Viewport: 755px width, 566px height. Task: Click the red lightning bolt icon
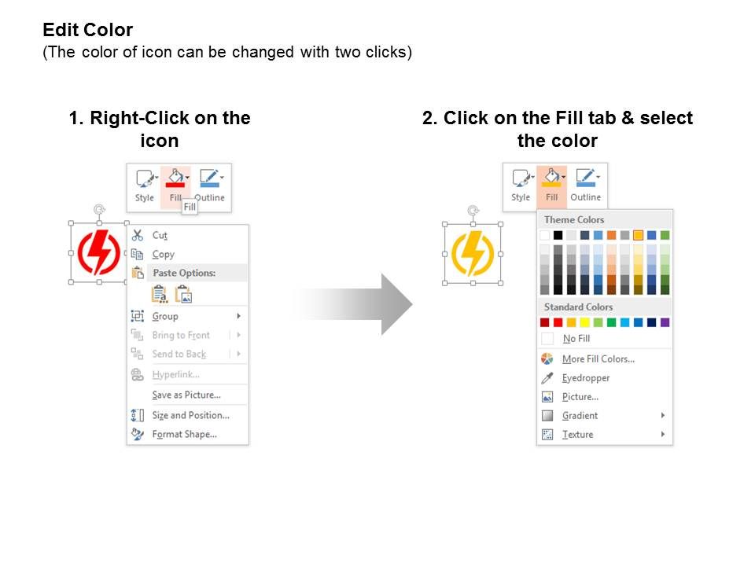[99, 252]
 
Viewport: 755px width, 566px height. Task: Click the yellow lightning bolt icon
[473, 254]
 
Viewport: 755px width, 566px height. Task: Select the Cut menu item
[160, 235]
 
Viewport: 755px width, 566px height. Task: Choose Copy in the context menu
[163, 254]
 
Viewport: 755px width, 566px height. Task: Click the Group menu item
[165, 316]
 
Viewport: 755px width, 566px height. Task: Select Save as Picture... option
[186, 395]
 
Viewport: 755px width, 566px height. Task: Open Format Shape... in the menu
[184, 434]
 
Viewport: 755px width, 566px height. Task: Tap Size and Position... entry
[190, 415]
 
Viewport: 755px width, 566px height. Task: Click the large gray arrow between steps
[353, 304]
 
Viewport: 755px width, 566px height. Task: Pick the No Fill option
[576, 338]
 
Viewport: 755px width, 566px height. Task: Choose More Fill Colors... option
[598, 359]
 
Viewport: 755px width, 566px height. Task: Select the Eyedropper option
[585, 378]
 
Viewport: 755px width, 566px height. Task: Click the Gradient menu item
[580, 415]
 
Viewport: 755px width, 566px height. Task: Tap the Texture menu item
[577, 434]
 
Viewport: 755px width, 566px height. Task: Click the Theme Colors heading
[574, 219]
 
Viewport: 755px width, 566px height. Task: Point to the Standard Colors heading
[578, 307]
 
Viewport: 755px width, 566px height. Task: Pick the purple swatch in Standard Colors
[665, 322]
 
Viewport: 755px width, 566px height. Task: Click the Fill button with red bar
[175, 186]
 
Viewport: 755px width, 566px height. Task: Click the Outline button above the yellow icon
[585, 185]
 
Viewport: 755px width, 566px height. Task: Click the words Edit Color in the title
[87, 30]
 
